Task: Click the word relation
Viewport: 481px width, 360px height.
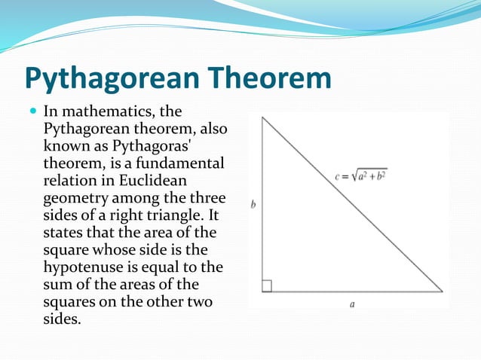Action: pos(70,180)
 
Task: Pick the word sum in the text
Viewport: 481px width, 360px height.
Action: pos(59,283)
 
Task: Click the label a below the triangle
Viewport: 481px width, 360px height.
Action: pos(352,304)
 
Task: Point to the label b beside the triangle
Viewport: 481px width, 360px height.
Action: pos(253,204)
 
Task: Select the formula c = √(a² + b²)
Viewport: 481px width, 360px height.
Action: pos(361,176)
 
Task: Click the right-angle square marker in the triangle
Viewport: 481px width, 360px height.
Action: pos(266,285)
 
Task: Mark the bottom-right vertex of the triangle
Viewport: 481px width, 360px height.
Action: pos(443,291)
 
